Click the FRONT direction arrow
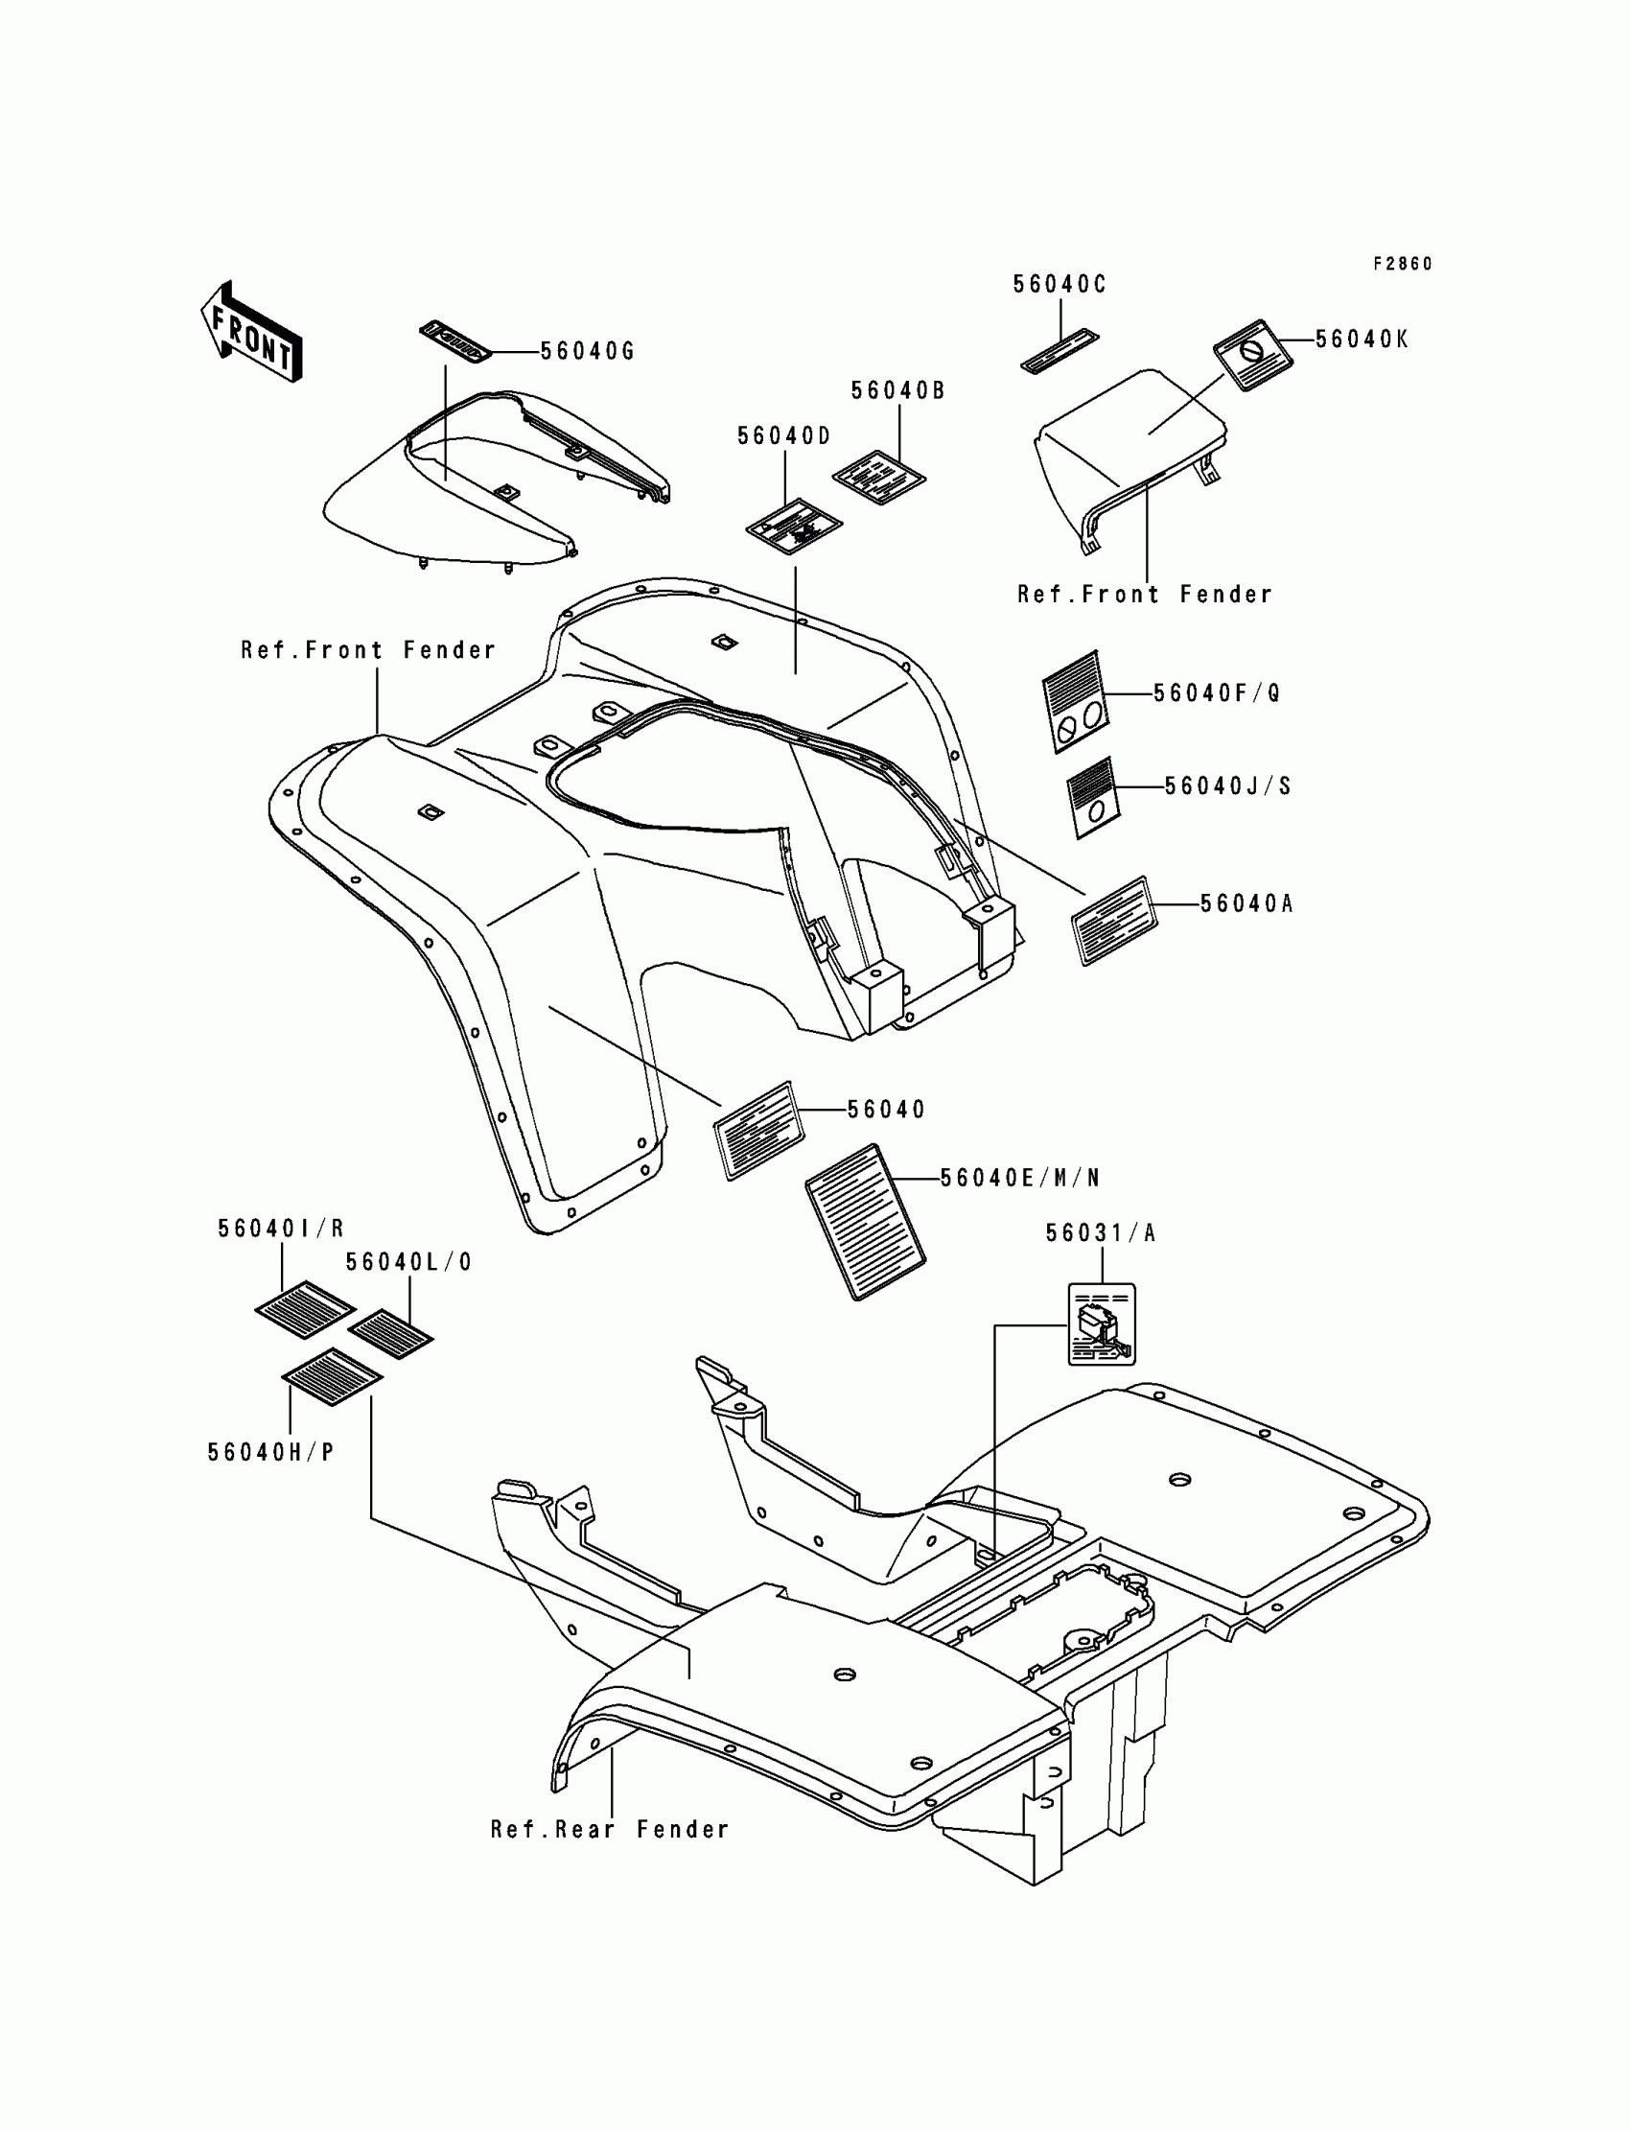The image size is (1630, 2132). click(251, 333)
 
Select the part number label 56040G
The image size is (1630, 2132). click(587, 351)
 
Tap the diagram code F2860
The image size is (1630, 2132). click(1402, 264)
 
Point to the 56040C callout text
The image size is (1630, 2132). click(1059, 284)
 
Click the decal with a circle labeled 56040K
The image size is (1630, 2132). click(1252, 354)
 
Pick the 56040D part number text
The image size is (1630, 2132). click(784, 436)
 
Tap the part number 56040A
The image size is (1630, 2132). click(1246, 904)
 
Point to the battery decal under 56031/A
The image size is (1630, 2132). click(1102, 1324)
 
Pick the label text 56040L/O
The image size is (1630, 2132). click(408, 1262)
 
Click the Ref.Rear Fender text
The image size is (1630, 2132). click(609, 1830)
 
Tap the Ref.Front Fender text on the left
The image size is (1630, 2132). click(368, 650)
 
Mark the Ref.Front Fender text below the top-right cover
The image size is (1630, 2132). click(1144, 595)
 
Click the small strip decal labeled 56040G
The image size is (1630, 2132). click(455, 340)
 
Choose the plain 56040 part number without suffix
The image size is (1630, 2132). click(886, 1111)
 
